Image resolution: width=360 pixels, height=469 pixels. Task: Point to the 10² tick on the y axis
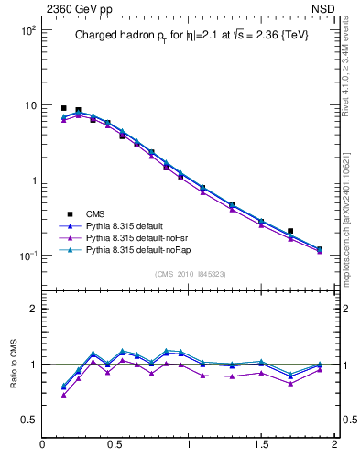[27, 30]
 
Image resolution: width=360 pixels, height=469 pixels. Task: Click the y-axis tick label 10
[29, 105]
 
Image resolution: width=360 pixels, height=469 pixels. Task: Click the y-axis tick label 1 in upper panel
[32, 180]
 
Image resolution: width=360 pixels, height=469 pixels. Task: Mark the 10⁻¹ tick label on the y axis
[27, 256]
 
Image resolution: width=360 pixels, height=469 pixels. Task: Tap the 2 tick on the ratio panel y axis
[32, 309]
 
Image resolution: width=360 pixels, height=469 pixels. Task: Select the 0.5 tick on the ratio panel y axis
[27, 420]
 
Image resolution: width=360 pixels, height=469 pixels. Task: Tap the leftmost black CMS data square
[64, 108]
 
